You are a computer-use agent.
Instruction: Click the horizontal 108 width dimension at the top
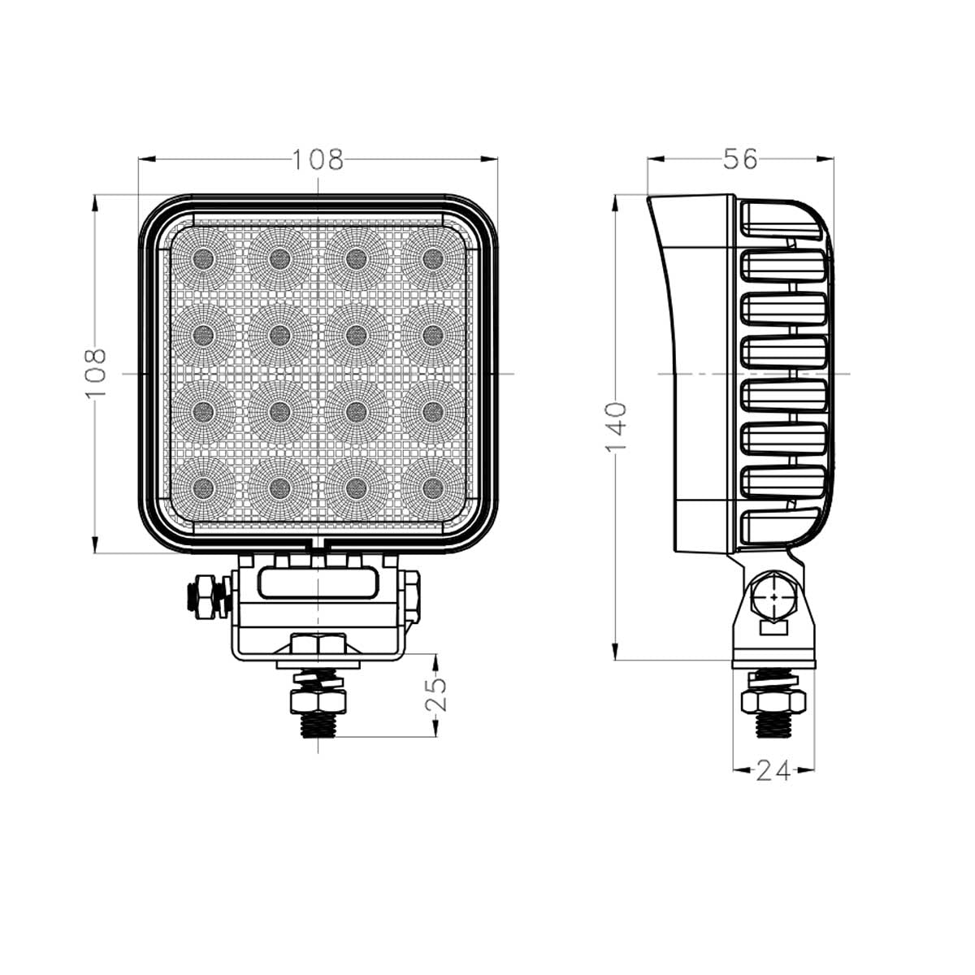tap(318, 160)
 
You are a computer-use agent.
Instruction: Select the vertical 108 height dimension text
tap(96, 373)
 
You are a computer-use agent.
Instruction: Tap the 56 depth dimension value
tap(739, 159)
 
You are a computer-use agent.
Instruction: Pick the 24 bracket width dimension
tap(773, 770)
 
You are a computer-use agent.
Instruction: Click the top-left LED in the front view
tap(203, 259)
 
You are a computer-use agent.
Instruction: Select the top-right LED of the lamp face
tap(432, 259)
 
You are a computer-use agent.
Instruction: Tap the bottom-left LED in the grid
tap(203, 487)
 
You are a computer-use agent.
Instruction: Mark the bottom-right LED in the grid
tap(432, 487)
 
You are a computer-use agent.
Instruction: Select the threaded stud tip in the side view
tap(773, 726)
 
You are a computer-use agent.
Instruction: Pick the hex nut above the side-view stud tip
tap(773, 700)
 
